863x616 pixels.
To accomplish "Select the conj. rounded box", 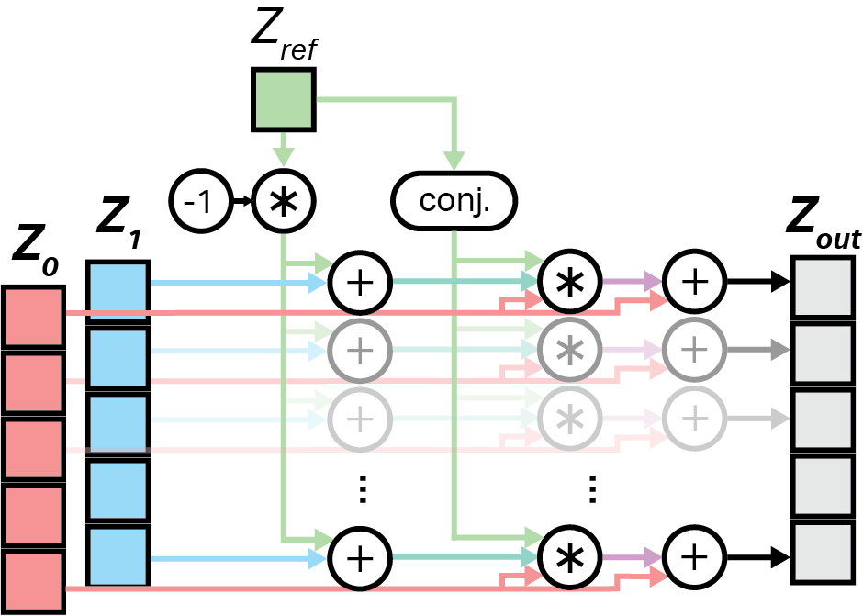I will (454, 201).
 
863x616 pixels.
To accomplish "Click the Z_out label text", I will (824, 225).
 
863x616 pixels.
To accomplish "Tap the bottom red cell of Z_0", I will (33, 583).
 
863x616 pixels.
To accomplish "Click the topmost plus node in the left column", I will (360, 282).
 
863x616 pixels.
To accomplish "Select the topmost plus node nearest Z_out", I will (695, 282).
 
